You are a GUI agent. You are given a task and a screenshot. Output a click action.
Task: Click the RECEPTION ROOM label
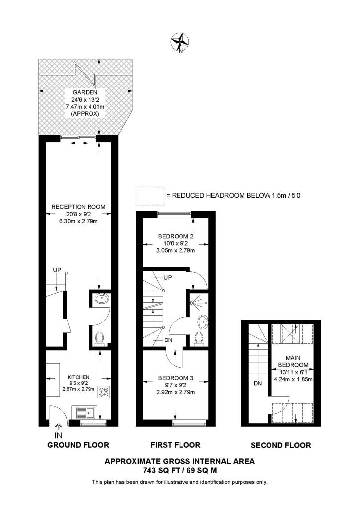coord(79,207)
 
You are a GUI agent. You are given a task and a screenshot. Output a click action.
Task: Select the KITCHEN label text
coord(78,377)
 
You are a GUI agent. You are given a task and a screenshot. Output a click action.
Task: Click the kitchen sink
coord(85,413)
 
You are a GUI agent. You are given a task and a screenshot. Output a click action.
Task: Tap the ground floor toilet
coord(99,339)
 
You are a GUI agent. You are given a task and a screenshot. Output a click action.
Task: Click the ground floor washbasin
coord(102,298)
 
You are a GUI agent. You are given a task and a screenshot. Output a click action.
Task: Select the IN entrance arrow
coord(59,427)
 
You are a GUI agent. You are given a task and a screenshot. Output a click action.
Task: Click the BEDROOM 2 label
coord(176,236)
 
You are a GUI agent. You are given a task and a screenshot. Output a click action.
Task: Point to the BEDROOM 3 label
coord(176,378)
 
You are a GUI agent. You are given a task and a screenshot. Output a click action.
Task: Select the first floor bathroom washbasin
coord(203,322)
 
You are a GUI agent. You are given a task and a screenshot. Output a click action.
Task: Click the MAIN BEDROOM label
coord(293,362)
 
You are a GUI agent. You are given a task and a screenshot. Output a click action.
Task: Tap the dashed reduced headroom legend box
coord(150,196)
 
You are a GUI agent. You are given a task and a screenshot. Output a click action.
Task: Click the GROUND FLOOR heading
coord(78,445)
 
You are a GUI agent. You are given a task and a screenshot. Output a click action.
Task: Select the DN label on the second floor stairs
coord(258,384)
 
